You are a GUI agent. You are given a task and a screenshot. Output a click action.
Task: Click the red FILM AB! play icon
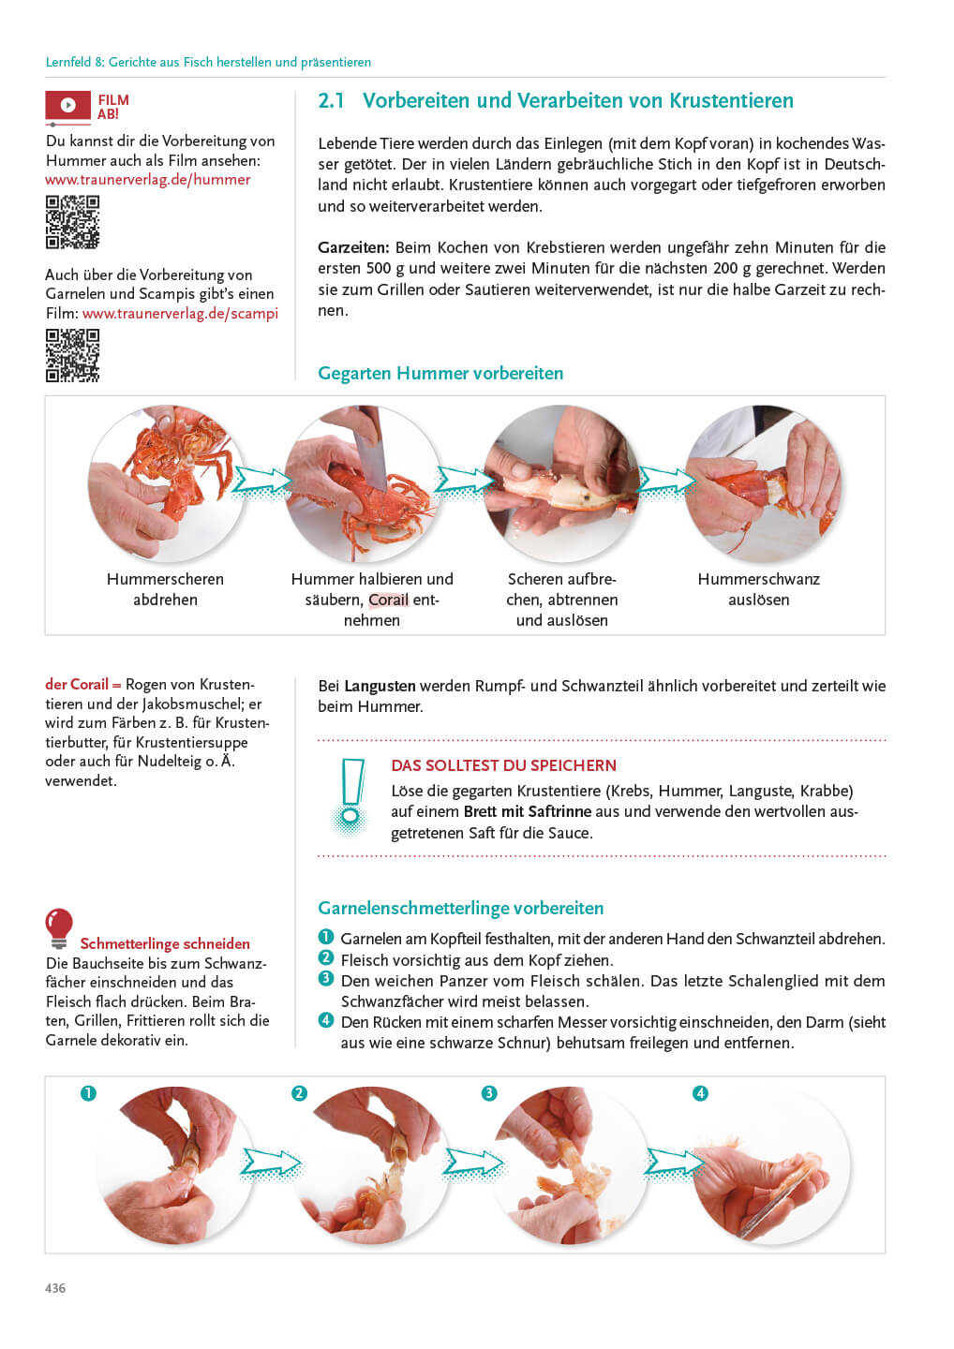tap(68, 106)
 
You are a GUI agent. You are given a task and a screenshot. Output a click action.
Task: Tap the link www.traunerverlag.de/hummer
tap(147, 180)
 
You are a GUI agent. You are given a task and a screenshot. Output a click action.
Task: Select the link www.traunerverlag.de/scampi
tap(180, 313)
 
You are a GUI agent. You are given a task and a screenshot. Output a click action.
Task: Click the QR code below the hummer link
tap(72, 222)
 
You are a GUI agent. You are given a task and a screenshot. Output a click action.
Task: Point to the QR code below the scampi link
tap(72, 355)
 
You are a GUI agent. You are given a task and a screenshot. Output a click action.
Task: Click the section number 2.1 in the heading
tap(331, 101)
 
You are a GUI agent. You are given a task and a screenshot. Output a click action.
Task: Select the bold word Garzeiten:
tap(353, 247)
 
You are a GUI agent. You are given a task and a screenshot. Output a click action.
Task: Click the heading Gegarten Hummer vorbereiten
tap(440, 373)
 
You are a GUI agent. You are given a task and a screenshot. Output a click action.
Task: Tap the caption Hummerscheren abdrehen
tap(165, 589)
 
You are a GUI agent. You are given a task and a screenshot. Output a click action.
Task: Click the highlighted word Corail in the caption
tap(388, 600)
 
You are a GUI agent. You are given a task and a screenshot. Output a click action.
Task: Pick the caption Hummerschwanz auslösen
tap(758, 589)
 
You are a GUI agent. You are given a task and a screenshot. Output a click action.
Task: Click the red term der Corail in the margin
tap(77, 685)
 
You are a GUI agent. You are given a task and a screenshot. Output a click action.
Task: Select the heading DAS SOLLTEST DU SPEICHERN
tap(503, 765)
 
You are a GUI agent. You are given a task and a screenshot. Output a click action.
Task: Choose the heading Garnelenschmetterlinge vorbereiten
tap(460, 908)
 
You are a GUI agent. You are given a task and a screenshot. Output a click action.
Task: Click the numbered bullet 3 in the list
tap(326, 979)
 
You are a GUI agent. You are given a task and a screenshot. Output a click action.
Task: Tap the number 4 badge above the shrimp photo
tap(700, 1093)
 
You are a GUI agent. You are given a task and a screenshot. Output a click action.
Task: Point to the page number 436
tap(55, 1288)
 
